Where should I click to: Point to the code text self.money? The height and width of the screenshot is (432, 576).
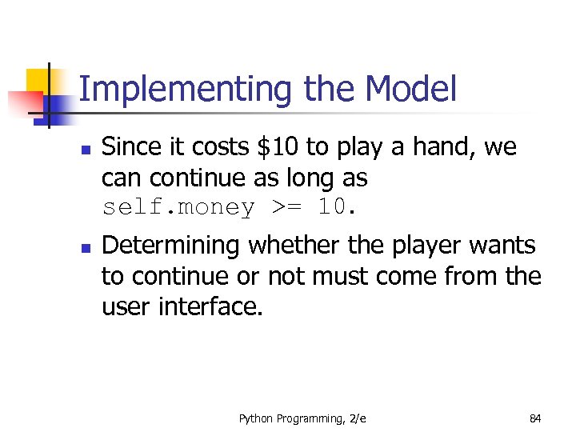[178, 207]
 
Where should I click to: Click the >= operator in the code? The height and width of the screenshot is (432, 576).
[290, 207]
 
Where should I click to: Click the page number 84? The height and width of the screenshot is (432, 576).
[535, 418]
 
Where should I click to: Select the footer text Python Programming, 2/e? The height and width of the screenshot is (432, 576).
[302, 418]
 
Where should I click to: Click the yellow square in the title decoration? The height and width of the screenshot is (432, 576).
[38, 80]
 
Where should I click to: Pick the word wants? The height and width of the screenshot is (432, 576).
[506, 246]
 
